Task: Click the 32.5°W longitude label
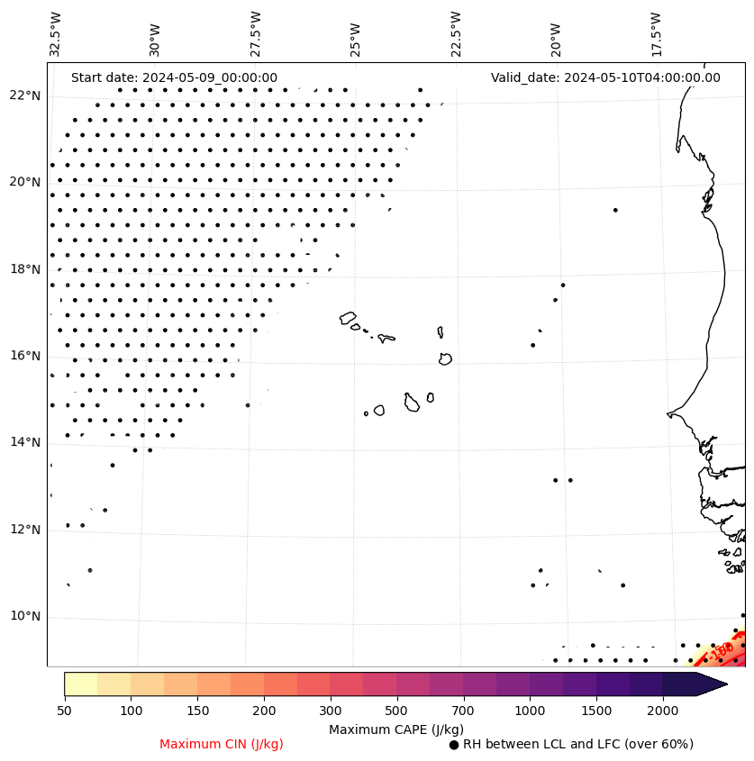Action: click(x=56, y=34)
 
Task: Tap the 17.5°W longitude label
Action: click(x=656, y=34)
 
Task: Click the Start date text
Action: click(x=174, y=77)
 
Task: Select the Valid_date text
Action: click(x=605, y=77)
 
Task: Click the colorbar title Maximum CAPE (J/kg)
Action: click(x=395, y=729)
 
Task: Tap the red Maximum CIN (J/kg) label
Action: click(x=222, y=745)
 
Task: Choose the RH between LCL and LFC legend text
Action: click(x=577, y=745)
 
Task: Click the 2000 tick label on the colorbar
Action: click(x=663, y=711)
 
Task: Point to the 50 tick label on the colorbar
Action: click(x=64, y=711)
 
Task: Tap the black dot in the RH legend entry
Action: click(x=454, y=745)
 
